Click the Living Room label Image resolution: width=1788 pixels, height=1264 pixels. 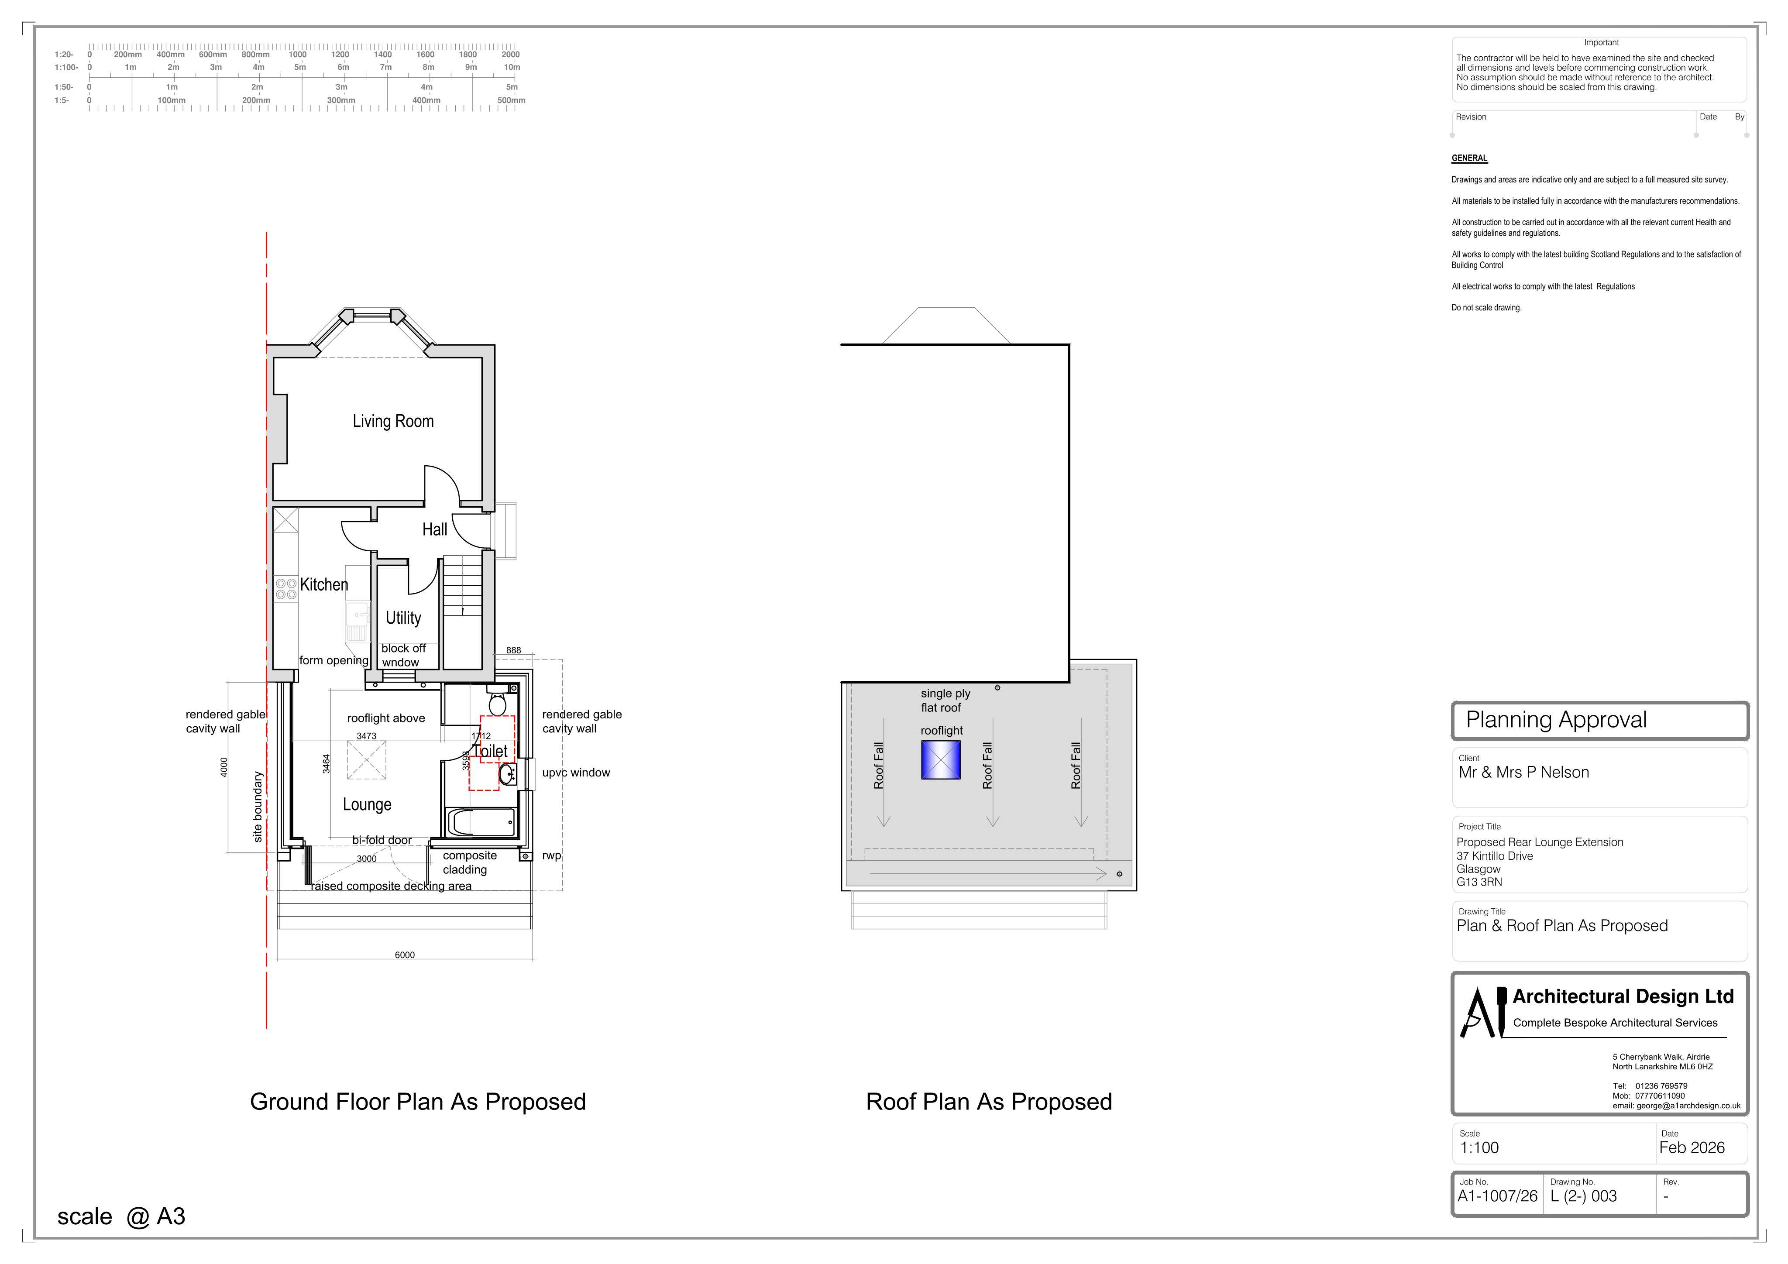(393, 421)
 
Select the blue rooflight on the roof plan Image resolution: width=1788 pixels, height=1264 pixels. (941, 759)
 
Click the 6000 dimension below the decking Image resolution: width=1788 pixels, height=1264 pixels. (405, 955)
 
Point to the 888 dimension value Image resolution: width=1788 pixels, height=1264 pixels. (513, 650)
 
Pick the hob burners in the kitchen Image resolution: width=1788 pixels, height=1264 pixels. (286, 589)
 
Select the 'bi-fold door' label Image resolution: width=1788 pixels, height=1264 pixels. (382, 840)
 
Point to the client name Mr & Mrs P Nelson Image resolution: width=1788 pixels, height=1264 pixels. (1523, 773)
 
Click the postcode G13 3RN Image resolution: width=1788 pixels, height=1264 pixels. (1479, 883)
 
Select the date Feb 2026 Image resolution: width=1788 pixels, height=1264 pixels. (1692, 1148)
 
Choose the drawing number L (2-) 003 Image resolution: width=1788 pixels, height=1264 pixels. (1583, 1196)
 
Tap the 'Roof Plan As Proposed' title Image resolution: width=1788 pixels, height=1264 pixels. (989, 1102)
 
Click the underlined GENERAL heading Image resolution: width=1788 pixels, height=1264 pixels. (1469, 158)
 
